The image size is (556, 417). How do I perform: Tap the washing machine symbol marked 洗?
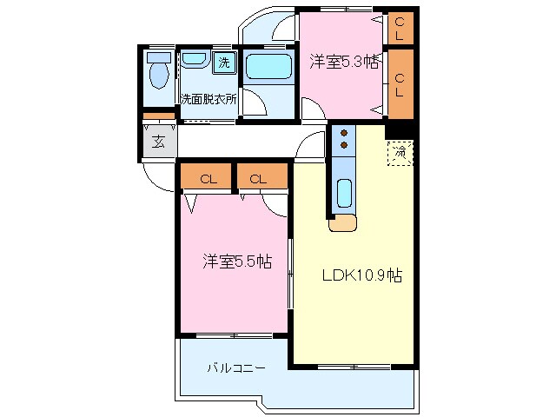224,62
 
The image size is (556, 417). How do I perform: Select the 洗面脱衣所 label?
209,99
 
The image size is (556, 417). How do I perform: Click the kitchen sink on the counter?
344,192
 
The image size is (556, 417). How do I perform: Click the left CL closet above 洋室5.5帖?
208,179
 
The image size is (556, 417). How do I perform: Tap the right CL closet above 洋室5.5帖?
259,179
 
